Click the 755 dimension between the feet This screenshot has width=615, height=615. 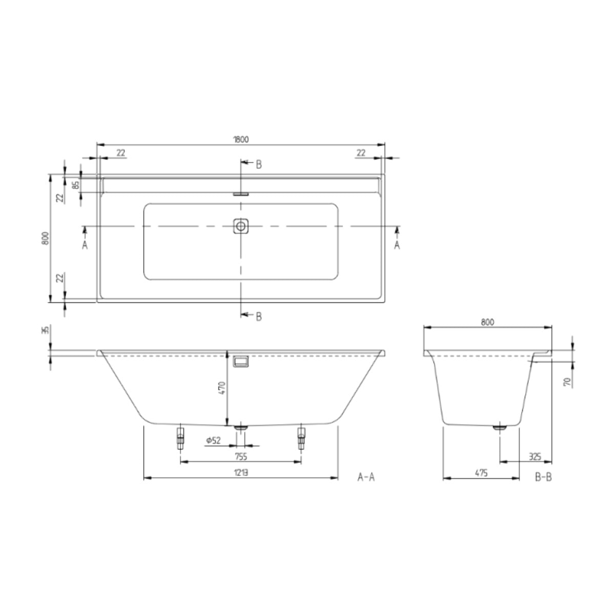tap(241, 457)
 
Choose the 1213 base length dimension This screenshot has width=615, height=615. tap(241, 473)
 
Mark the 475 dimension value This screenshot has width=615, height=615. tap(480, 473)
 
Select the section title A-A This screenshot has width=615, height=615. tap(366, 478)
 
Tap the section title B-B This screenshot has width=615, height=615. tap(543, 478)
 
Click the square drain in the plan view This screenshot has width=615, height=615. tap(241, 226)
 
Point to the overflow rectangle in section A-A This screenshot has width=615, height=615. tap(241, 361)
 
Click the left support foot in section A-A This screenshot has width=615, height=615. tap(180, 438)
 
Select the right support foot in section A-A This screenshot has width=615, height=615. tap(301, 438)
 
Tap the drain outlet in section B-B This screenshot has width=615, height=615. tap(499, 426)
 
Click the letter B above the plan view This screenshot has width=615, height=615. tap(259, 165)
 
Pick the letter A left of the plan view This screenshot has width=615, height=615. tap(85, 245)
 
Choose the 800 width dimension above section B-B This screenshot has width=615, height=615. tap(487, 322)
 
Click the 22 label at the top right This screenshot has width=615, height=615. tap(361, 152)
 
